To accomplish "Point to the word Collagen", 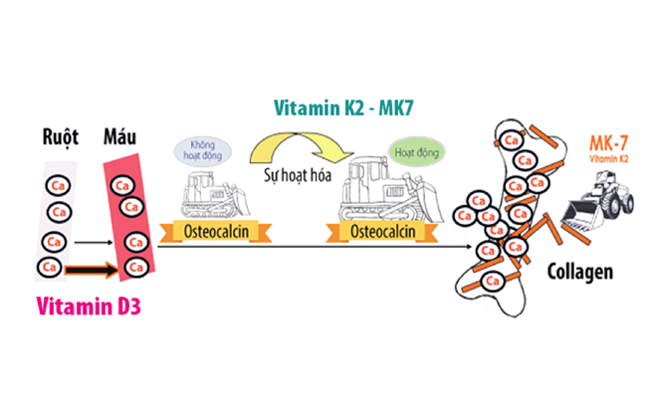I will click(x=579, y=271).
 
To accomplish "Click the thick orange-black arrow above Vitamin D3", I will click(x=91, y=269).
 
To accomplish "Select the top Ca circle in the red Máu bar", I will click(x=122, y=184).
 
